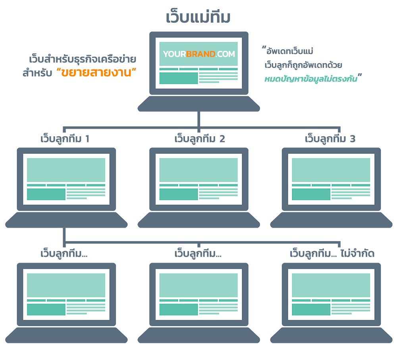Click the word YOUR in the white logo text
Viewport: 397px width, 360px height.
tap(174, 54)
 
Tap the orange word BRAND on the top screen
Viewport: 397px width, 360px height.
tap(201, 54)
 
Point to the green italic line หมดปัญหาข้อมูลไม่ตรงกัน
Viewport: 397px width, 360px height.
tap(312, 79)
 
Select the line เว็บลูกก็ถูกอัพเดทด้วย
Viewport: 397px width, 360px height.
tap(304, 65)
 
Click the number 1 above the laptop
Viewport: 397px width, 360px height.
tap(87, 139)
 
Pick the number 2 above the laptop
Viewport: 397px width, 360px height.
tap(222, 139)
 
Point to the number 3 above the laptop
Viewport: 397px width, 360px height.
tap(353, 139)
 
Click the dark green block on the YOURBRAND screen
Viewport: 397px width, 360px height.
tap(178, 78)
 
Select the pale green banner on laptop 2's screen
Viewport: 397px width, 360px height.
tap(198, 170)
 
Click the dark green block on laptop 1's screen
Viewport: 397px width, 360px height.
tap(46, 194)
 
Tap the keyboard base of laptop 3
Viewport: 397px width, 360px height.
tap(331, 219)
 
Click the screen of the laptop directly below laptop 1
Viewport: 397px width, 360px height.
tap(66, 294)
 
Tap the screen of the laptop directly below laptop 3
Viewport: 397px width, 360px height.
tap(331, 294)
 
